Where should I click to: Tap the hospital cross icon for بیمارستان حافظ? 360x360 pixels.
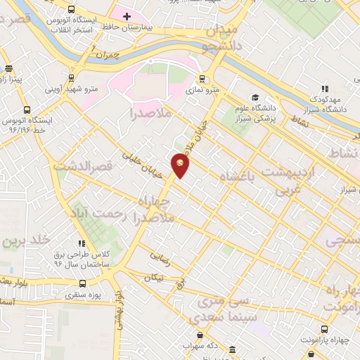pyautogui.click(x=127, y=15)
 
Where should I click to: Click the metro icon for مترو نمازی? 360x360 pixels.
pyautogui.click(x=202, y=79)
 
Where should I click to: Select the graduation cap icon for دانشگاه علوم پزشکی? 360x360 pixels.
pyautogui.click(x=255, y=98)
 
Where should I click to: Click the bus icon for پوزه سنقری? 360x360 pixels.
pyautogui.click(x=83, y=284)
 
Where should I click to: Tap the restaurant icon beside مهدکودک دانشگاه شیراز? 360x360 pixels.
pyautogui.click(x=324, y=89)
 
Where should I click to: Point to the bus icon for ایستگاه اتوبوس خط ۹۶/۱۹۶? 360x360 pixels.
pyautogui.click(x=27, y=110)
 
